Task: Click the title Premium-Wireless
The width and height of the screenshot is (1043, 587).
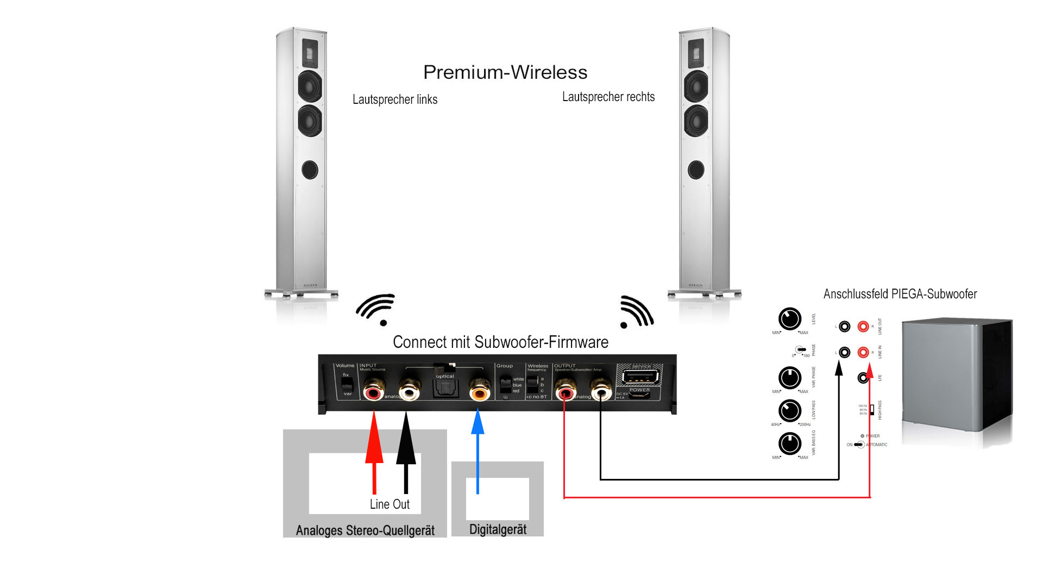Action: [505, 72]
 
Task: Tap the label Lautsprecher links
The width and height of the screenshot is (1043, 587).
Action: [395, 99]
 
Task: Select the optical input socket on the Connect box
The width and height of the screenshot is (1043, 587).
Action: [445, 388]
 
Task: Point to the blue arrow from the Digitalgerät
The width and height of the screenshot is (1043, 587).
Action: [477, 451]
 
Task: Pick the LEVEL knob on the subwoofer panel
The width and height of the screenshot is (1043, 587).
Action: [790, 319]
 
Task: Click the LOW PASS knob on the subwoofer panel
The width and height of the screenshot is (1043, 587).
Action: [790, 411]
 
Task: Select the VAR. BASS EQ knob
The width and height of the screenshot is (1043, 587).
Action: [790, 444]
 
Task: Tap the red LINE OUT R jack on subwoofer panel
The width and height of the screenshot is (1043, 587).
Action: [863, 326]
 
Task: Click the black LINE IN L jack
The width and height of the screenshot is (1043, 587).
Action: [844, 352]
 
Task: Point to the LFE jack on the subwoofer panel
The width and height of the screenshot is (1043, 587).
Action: [863, 377]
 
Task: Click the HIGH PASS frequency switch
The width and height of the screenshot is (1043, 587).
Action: [871, 409]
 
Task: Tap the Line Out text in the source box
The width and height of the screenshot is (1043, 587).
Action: [389, 504]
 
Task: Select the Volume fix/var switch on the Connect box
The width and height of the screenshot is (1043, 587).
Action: [346, 384]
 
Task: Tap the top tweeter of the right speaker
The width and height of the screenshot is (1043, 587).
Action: [696, 53]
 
